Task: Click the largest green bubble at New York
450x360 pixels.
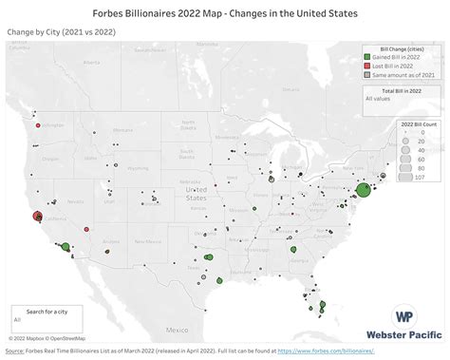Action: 363,190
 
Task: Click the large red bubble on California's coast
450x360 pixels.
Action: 37,216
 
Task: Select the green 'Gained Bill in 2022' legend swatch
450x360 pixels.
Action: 366,59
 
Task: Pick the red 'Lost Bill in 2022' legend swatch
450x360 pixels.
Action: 366,66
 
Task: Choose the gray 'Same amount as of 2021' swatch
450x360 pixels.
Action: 366,74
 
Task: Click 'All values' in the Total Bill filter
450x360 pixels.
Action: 378,97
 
